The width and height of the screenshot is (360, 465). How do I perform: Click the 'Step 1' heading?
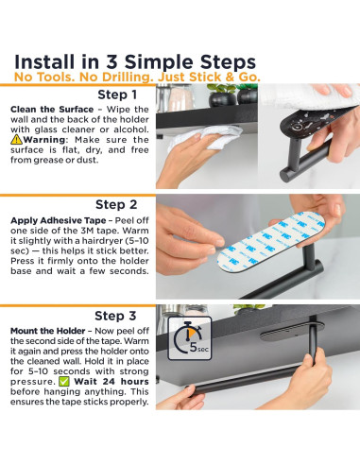117,95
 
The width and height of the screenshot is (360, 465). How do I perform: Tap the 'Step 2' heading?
116,205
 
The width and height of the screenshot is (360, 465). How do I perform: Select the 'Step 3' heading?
115,316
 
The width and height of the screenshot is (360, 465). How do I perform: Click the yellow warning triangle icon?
16,139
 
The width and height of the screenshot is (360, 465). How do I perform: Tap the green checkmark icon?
64,382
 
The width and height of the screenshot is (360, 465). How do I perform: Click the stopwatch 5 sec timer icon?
190,338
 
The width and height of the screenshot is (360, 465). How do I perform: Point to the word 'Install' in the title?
44,61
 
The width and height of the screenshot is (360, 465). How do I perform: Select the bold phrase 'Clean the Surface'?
52,110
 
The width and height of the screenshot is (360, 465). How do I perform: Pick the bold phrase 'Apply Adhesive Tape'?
59,220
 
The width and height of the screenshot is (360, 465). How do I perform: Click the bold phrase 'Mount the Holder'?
48,331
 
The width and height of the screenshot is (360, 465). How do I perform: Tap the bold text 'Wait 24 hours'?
111,382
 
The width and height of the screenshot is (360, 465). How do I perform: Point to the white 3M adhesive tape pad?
271,241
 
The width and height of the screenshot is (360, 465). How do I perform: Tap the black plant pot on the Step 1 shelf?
223,98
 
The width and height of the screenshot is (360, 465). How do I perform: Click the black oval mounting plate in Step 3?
291,332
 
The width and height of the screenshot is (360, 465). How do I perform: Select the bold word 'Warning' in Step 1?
44,140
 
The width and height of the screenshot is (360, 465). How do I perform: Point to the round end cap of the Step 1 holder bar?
285,175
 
